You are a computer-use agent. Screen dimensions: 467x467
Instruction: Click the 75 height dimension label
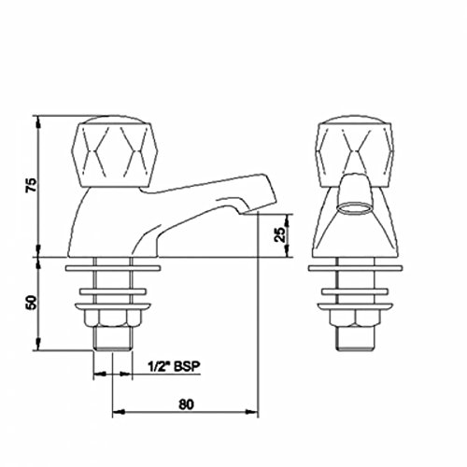pos(31,185)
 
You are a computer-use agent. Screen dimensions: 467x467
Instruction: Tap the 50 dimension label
pos(31,303)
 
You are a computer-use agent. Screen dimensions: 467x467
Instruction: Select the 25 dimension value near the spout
pos(280,234)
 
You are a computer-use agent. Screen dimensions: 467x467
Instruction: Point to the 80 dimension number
pos(186,404)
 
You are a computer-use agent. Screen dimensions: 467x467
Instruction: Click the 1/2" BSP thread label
pos(173,366)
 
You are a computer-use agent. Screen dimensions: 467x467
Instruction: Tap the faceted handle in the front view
pos(355,151)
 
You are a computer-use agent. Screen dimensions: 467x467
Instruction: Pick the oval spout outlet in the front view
pos(355,208)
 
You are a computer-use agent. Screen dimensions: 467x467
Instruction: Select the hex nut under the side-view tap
pos(112,318)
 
